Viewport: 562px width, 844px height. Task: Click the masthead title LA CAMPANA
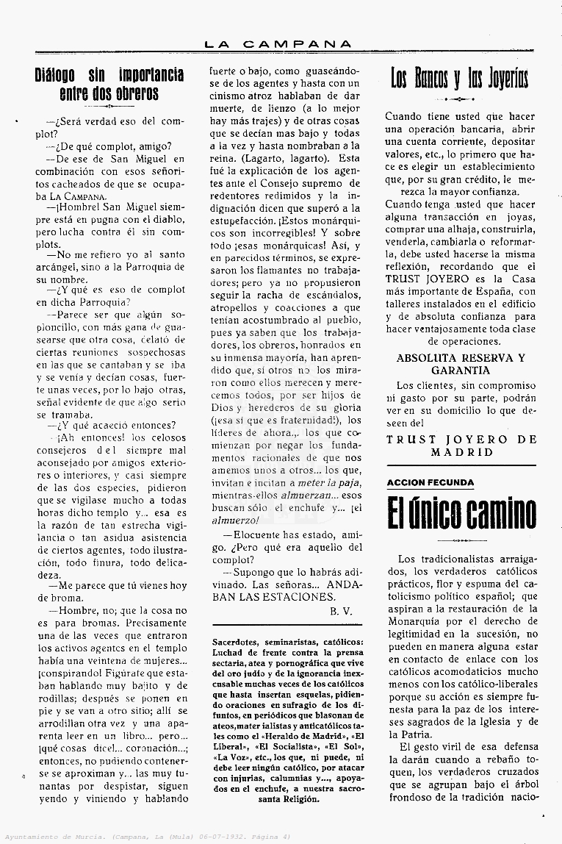(x=278, y=44)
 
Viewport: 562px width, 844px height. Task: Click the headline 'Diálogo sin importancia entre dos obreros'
(x=109, y=84)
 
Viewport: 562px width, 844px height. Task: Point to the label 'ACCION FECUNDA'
(x=431, y=482)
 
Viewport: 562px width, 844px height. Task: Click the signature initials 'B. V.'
(x=341, y=609)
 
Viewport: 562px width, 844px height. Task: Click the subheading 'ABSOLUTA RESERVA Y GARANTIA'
(x=461, y=364)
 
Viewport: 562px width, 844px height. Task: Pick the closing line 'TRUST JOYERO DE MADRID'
(x=461, y=446)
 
